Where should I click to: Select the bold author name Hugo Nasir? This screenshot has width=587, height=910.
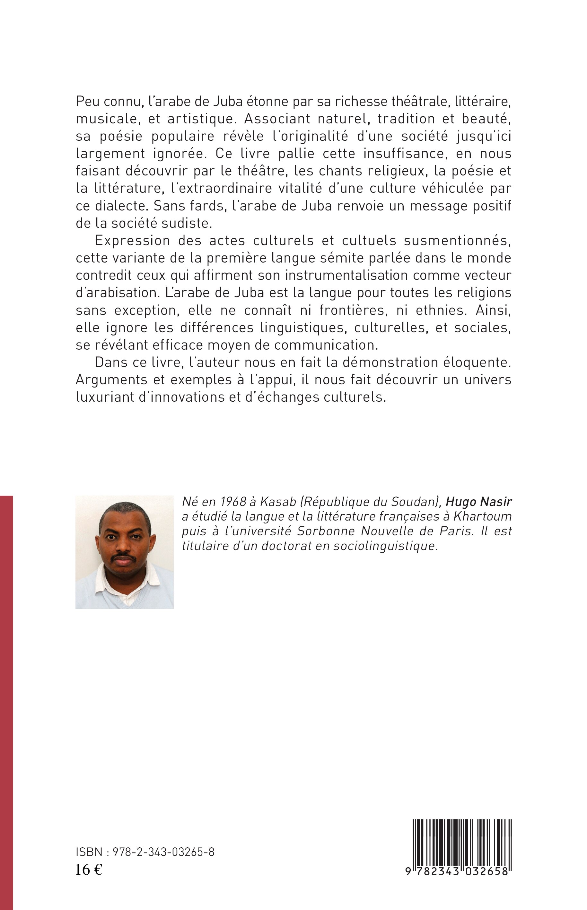pyautogui.click(x=479, y=502)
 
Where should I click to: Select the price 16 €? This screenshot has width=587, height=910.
pyautogui.click(x=89, y=867)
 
